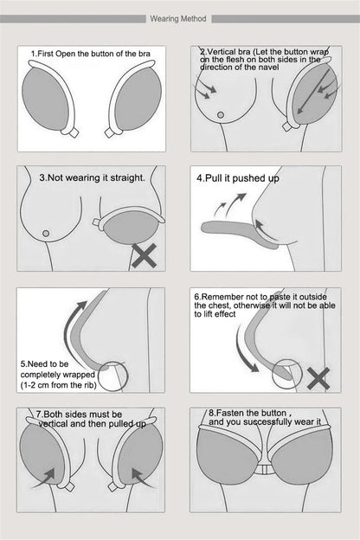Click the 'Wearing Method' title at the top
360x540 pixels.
pos(179,17)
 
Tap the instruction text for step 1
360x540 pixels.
pos(95,54)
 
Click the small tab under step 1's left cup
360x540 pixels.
pos(71,133)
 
